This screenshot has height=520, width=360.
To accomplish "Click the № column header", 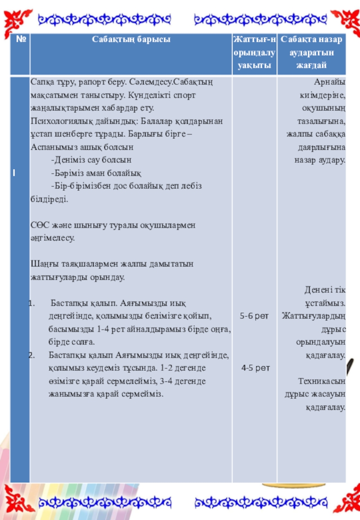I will pos(20,40).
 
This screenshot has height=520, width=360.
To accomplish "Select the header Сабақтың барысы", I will pos(131,40).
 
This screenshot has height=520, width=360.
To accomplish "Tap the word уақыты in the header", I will pos(254,65).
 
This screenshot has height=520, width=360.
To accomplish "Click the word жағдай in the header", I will pos(311,65).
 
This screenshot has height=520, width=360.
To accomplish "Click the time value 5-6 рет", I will pos(254,316).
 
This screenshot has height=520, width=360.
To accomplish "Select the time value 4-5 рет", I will pos(255,368).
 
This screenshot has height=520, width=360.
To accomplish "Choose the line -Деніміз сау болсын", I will pos(91,160).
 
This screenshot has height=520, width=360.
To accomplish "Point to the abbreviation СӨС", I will pos(39,225).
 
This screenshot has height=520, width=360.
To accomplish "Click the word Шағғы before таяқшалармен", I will pos(42,264).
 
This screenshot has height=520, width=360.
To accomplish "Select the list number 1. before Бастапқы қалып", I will pos(32,303).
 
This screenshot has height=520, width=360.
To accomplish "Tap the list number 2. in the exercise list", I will pos(32,355).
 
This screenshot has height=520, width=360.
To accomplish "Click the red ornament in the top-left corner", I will pos(18,20).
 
